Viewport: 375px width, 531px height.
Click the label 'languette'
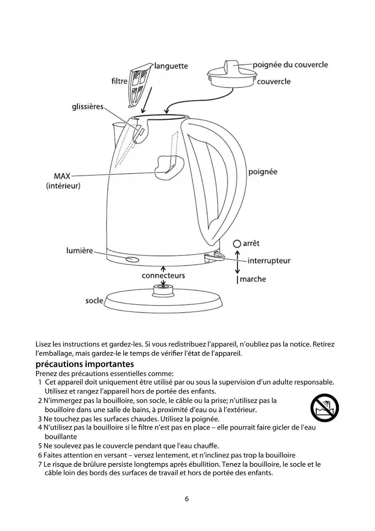(x=171, y=66)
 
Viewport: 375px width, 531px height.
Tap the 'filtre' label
(x=119, y=81)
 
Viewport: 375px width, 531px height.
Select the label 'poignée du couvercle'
(x=290, y=65)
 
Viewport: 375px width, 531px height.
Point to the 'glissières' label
(x=88, y=107)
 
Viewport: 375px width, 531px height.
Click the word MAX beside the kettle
(x=62, y=176)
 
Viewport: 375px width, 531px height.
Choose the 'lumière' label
(x=79, y=251)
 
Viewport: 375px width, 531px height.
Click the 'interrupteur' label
(x=269, y=261)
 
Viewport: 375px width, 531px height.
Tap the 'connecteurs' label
(x=163, y=275)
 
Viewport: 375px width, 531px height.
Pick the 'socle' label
(x=94, y=301)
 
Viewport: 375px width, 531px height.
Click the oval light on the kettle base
(x=132, y=259)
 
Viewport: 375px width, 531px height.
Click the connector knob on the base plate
(x=163, y=290)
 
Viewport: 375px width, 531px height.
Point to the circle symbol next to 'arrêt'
(x=237, y=244)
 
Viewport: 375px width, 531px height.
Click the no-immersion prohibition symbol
(x=325, y=408)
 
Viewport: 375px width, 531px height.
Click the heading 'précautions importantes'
(x=85, y=364)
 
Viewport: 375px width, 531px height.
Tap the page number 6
(x=187, y=499)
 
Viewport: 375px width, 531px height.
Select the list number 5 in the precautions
(x=40, y=446)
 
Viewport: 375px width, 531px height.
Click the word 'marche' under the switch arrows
(x=253, y=279)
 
